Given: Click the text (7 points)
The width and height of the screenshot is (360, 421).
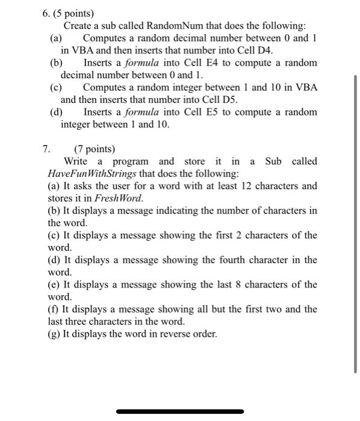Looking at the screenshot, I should click(95, 149).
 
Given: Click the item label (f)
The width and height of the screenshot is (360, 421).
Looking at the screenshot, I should click(54, 309).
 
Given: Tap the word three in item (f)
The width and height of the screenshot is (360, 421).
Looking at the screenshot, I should click(79, 321).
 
